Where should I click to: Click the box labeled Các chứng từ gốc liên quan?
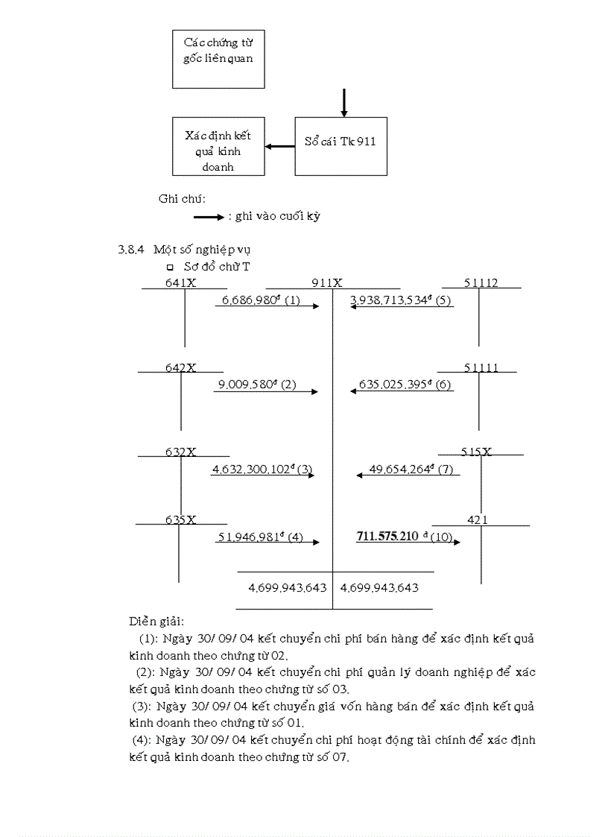click(x=218, y=58)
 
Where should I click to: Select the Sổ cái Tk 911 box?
click(x=341, y=146)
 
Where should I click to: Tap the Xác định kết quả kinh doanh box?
click(x=218, y=146)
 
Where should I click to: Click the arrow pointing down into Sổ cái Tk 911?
click(x=343, y=103)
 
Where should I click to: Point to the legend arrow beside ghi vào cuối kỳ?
click(x=209, y=217)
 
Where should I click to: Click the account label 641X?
click(x=180, y=282)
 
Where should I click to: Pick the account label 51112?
click(x=481, y=282)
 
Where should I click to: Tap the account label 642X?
click(x=180, y=367)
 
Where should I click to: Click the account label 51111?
click(x=480, y=367)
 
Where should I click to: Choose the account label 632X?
click(x=180, y=452)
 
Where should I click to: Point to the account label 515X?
click(x=477, y=452)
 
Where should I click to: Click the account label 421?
click(x=478, y=519)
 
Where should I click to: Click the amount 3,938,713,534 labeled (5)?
click(x=390, y=300)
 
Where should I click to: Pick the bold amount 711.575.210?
click(x=387, y=537)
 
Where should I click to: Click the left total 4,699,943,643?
click(x=288, y=587)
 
